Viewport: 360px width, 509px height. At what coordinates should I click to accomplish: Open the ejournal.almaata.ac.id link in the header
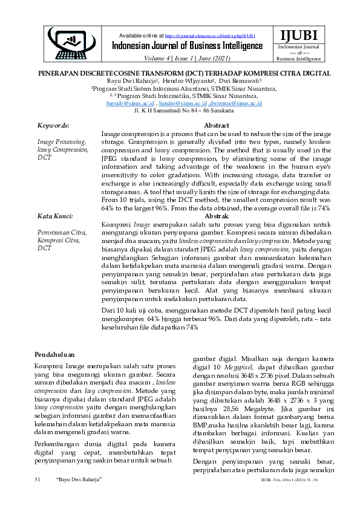(206, 36)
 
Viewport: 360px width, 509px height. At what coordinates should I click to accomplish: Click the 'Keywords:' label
(53, 125)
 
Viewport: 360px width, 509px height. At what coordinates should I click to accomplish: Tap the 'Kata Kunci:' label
(55, 216)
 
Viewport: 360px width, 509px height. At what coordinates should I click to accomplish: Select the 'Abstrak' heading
(216, 216)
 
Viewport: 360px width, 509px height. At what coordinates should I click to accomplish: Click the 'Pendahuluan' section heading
(54, 355)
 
